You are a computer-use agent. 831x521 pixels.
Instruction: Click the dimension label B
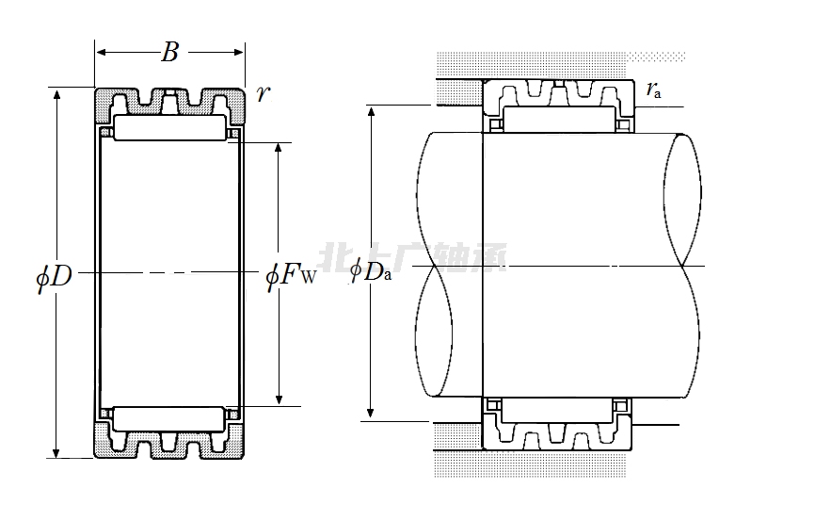point(169,53)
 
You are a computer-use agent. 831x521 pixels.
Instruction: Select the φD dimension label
point(55,275)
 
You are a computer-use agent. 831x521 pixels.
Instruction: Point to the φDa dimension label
point(370,272)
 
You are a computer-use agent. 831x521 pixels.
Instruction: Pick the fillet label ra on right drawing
point(653,90)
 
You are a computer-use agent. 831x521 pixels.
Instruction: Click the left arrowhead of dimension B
point(100,53)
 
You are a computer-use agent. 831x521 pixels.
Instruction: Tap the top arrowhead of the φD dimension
point(56,94)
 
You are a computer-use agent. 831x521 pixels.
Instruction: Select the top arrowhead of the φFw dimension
point(278,149)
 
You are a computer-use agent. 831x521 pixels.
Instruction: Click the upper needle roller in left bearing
point(169,129)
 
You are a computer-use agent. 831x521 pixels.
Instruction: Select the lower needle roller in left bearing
point(169,416)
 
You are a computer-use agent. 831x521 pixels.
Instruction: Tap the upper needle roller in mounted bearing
point(557,120)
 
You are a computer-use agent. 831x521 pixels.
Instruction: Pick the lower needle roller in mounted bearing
point(557,409)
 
